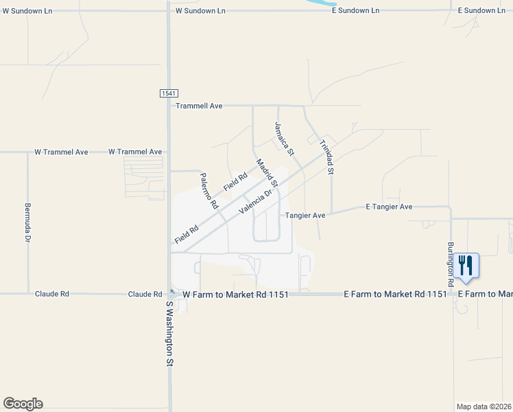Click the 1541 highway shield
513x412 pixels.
[168, 93]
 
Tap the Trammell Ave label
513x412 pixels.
[200, 106]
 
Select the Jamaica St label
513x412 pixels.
[284, 137]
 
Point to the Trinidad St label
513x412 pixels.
[326, 157]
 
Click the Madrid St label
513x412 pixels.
[267, 173]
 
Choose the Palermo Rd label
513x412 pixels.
[208, 191]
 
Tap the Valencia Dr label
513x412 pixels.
[256, 202]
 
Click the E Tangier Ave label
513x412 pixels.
[389, 207]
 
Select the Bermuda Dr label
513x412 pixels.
[28, 222]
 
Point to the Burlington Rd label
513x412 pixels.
[451, 264]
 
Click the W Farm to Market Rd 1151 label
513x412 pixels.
[235, 294]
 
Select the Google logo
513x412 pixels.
[23, 404]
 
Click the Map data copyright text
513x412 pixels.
[484, 407]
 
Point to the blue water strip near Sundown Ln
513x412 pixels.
[320, 3]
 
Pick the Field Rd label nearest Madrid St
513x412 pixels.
[235, 182]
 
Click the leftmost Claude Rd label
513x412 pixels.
[52, 294]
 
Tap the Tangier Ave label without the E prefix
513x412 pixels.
[305, 215]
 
